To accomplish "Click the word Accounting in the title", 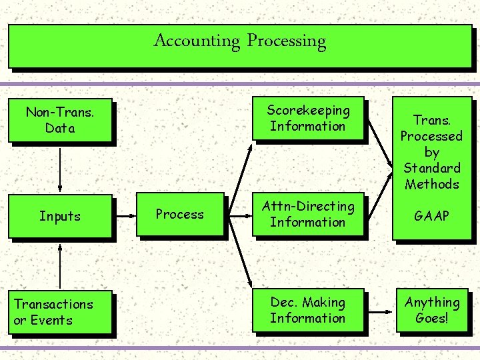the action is click(x=197, y=41).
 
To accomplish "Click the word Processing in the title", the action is click(x=287, y=41).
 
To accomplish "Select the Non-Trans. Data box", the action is click(x=60, y=121).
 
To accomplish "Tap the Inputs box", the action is click(x=60, y=216).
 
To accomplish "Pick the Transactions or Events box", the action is click(x=60, y=312).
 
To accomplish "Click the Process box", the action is click(x=180, y=214).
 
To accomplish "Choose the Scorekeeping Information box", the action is click(x=308, y=119).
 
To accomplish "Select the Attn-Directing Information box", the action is click(x=308, y=215).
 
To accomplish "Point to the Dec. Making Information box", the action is click(x=308, y=311).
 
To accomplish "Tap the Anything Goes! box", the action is click(x=432, y=311).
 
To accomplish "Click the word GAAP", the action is click(x=431, y=216).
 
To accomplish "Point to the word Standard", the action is click(x=432, y=168).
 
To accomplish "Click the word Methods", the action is click(x=432, y=184).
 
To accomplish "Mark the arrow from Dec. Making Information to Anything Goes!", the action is click(x=380, y=311).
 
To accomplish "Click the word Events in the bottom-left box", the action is click(x=51, y=320).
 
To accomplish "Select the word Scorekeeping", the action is click(x=308, y=111).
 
